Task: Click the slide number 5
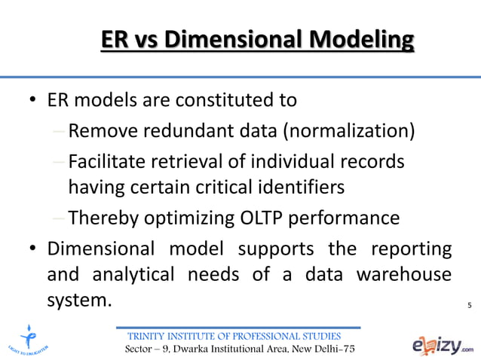pos(469,305)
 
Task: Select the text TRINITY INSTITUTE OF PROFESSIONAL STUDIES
pos(236,336)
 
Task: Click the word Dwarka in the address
pos(195,350)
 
